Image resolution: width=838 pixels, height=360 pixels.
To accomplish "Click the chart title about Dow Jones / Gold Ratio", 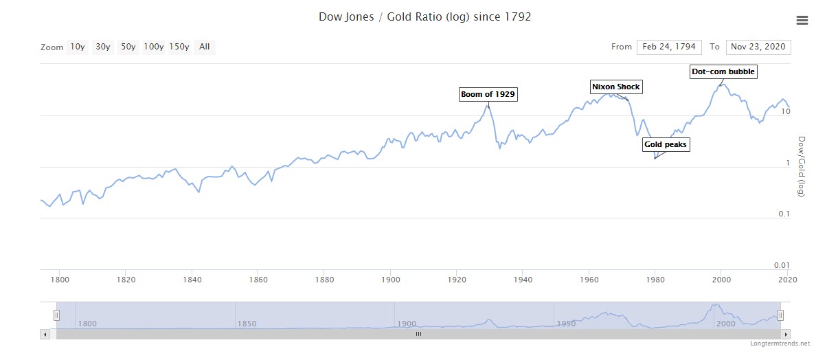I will [x=424, y=16].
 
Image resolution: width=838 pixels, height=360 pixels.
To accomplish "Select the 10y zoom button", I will [x=77, y=47].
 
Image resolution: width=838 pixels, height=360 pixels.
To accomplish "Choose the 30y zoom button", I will [x=103, y=47].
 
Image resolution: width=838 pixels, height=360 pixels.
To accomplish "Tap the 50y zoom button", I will [x=128, y=47].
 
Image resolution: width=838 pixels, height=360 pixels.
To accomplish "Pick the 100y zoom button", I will [x=153, y=47].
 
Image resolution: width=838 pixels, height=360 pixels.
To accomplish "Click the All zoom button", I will [x=204, y=47].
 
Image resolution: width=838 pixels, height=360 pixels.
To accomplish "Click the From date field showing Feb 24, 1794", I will [x=669, y=47].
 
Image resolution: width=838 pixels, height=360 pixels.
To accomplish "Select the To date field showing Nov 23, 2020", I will [x=758, y=47].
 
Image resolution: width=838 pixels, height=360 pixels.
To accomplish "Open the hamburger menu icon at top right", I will [x=802, y=21].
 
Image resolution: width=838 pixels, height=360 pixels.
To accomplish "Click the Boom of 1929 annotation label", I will [x=488, y=94].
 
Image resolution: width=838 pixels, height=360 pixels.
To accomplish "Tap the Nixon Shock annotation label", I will [x=615, y=87].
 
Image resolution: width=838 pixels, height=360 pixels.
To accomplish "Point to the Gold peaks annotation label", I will [x=665, y=144].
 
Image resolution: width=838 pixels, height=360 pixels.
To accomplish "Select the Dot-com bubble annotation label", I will [x=723, y=71].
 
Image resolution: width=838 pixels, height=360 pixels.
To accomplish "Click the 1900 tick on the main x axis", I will [x=391, y=280].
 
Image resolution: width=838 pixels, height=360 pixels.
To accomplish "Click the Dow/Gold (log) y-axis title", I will [x=801, y=166].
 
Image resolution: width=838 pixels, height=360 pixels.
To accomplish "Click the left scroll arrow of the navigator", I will [x=45, y=334].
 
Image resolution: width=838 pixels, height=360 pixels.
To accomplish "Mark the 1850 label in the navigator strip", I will [x=247, y=324].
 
